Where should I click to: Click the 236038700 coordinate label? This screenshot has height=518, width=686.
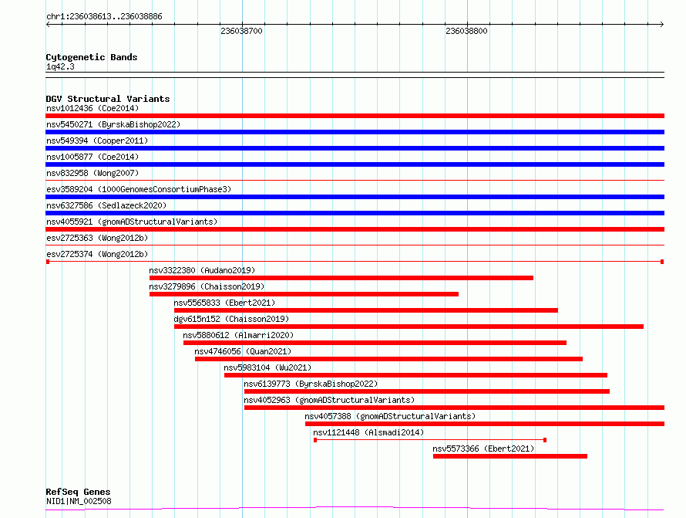[241, 31]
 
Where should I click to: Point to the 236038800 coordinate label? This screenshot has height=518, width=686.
[466, 31]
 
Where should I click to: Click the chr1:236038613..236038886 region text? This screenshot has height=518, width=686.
[104, 17]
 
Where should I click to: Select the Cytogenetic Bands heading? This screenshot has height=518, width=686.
[92, 57]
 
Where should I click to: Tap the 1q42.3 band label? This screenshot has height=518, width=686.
[60, 66]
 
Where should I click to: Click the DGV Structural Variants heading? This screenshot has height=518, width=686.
[108, 99]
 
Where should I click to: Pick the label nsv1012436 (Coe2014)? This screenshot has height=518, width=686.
[92, 108]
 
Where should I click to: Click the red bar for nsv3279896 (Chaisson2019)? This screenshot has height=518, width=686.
[304, 294]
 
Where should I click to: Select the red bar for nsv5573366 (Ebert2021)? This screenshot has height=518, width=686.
[510, 456]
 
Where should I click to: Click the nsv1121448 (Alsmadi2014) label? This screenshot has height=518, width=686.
[368, 432]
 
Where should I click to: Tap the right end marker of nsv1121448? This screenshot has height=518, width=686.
[545, 440]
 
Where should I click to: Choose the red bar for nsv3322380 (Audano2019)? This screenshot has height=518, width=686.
[341, 278]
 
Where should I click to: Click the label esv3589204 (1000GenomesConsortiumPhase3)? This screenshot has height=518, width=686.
[139, 189]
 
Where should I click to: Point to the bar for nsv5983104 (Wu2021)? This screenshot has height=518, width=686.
[415, 375]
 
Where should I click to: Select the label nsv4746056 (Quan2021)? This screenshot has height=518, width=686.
[243, 351]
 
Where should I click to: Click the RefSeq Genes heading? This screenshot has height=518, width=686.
[78, 492]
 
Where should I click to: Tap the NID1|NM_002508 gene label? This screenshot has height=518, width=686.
[79, 501]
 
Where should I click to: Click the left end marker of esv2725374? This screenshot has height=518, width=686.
[48, 262]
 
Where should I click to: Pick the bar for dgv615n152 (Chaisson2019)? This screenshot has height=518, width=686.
[409, 327]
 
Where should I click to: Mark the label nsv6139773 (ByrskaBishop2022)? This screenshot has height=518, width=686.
[311, 384]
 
